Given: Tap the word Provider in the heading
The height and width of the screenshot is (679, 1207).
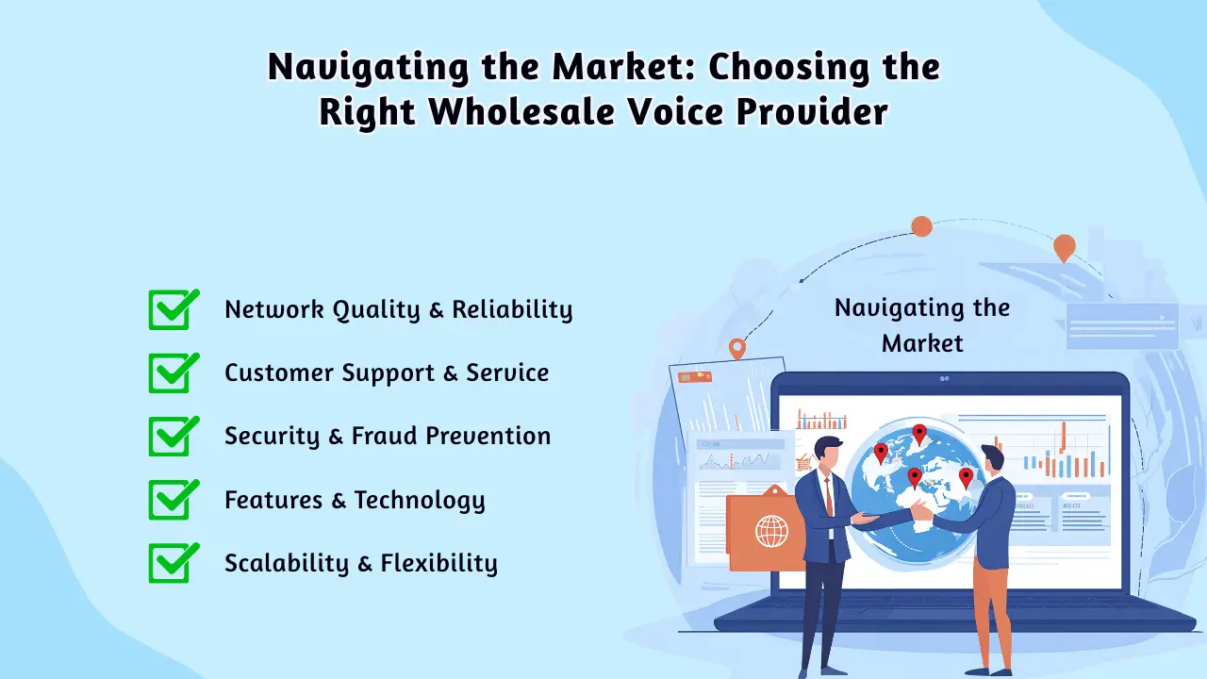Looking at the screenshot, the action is pos(812,111).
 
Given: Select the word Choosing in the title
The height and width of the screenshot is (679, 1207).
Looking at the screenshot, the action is pos(788,68).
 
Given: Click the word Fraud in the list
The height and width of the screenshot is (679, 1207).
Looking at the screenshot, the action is pos(384,436).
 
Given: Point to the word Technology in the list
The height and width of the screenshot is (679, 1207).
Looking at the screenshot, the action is pos(420,501).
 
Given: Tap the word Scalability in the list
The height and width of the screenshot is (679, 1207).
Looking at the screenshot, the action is pos(287,564).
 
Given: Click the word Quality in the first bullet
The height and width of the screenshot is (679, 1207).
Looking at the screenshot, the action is pos(376,310).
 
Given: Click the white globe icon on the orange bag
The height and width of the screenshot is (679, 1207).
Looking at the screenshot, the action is pos(771,531).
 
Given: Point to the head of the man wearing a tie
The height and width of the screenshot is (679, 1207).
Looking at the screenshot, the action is pos(828,455).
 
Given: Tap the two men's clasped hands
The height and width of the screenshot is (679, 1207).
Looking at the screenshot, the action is pos(921,510).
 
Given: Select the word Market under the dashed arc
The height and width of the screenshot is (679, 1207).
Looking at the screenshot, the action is pos(922,343).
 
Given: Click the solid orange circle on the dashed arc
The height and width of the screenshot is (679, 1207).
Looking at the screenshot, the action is pos(922,226).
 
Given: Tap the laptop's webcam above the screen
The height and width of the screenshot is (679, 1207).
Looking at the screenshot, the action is pos(944,379).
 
